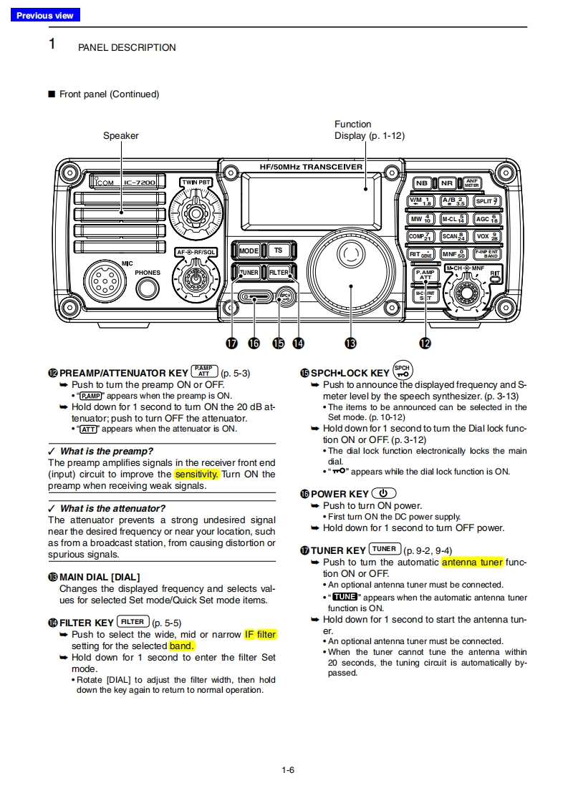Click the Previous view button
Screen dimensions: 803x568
44,15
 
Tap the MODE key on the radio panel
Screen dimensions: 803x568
249,251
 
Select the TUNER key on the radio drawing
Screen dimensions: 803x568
249,273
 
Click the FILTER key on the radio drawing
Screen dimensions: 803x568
279,273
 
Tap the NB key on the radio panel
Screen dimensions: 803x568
422,183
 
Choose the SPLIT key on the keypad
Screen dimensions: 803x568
486,201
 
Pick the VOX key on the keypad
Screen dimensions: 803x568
486,236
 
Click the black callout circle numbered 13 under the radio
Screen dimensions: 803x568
350,344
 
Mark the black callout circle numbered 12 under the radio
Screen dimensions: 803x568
425,344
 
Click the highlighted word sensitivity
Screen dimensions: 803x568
196,474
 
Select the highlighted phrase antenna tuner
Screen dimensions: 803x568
472,563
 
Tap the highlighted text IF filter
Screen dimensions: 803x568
260,634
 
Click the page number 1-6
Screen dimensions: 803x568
288,770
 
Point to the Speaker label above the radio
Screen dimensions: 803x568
121,135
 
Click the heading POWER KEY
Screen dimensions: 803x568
340,494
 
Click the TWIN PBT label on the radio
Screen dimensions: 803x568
196,182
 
